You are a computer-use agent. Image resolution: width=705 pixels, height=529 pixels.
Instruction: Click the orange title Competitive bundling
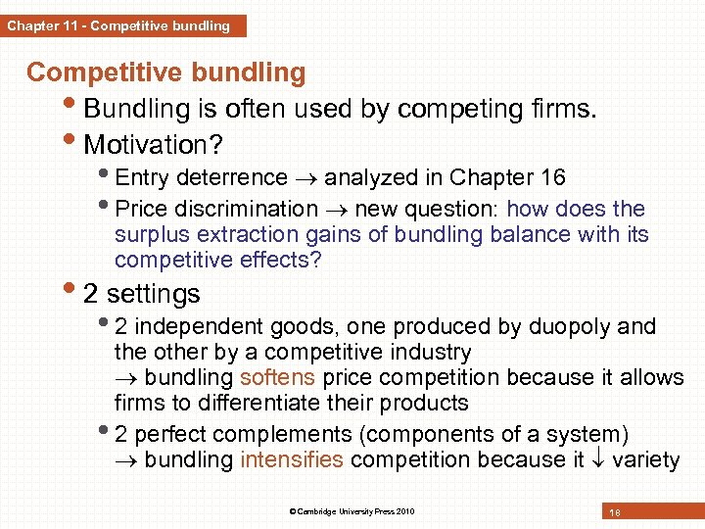[x=165, y=72]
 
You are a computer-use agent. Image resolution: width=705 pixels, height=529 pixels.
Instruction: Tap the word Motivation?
[x=154, y=145]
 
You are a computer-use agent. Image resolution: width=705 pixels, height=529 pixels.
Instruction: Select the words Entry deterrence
[x=201, y=177]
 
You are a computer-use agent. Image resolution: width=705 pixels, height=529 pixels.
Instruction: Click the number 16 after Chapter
[x=552, y=177]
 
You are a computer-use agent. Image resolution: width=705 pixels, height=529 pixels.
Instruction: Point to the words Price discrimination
[x=216, y=209]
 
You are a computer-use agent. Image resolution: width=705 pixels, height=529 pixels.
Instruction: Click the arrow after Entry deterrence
[x=305, y=178]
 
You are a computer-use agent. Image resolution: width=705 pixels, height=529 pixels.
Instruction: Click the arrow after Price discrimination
[x=336, y=210]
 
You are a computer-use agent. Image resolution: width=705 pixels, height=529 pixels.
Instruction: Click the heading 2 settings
[x=142, y=294]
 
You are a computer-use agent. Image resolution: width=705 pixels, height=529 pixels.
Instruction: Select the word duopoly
[x=566, y=326]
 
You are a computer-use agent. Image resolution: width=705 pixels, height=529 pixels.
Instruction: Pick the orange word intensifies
[x=291, y=459]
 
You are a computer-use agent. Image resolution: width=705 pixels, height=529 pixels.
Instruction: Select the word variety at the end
[x=645, y=459]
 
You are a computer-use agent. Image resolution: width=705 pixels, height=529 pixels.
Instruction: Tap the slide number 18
[x=615, y=511]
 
